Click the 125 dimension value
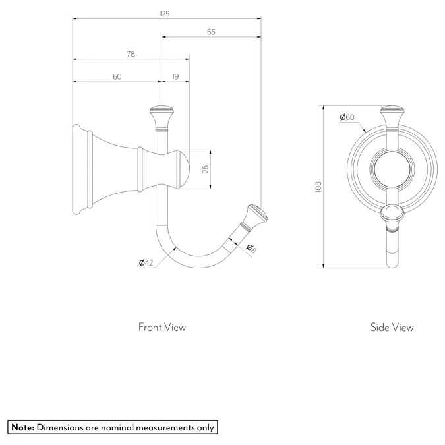tap(165, 13)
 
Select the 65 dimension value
tap(210, 32)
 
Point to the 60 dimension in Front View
tap(117, 77)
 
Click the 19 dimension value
tap(175, 77)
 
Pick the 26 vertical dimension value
tap(205, 169)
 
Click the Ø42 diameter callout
tap(146, 263)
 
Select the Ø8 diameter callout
tap(251, 248)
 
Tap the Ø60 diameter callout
tap(347, 117)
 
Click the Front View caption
tap(162, 327)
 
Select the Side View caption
tap(392, 327)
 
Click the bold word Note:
tap(22, 428)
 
